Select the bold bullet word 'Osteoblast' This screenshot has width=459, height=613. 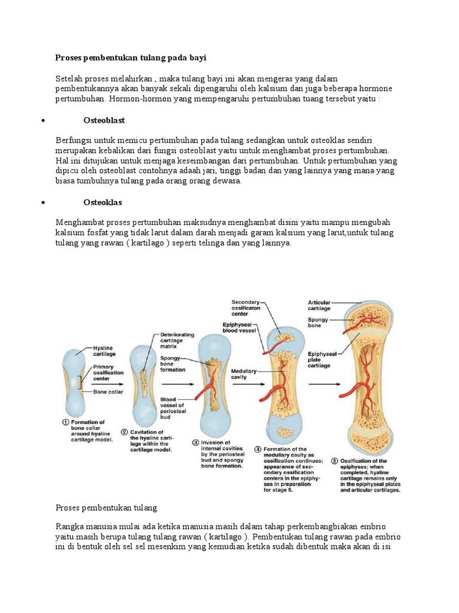click(105, 120)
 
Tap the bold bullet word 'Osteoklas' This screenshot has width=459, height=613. click(105, 203)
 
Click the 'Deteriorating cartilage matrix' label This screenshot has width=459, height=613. click(175, 342)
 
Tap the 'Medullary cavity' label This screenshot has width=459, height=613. click(244, 374)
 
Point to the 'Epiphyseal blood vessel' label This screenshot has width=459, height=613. click(238, 327)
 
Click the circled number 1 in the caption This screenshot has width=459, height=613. click(66, 422)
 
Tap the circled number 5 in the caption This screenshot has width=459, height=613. click(335, 461)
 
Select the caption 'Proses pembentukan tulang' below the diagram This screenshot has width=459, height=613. click(106, 508)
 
